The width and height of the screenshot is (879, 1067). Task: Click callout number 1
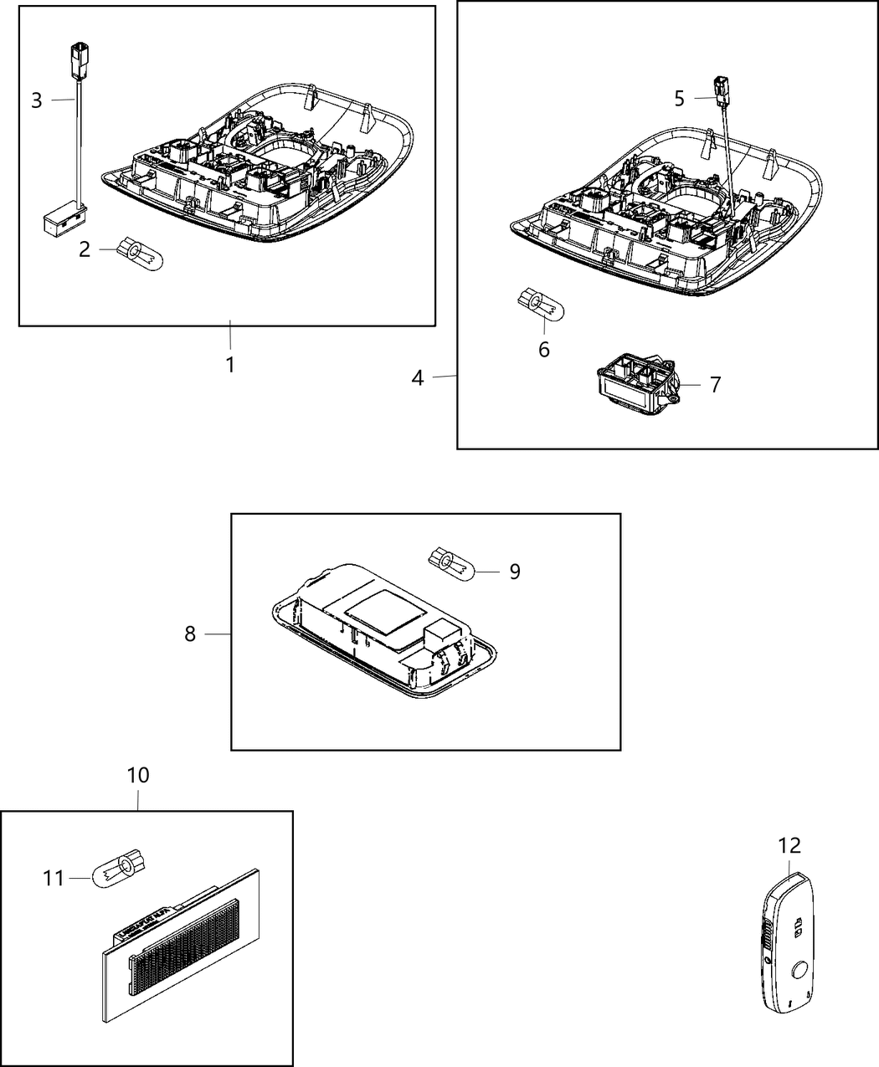229,365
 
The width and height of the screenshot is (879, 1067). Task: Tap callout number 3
36,100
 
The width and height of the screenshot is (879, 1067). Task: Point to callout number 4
418,377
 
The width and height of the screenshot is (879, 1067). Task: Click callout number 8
190,634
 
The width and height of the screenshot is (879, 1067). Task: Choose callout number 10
138,775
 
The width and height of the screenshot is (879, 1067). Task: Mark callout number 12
789,845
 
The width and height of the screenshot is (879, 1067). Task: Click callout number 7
715,385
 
